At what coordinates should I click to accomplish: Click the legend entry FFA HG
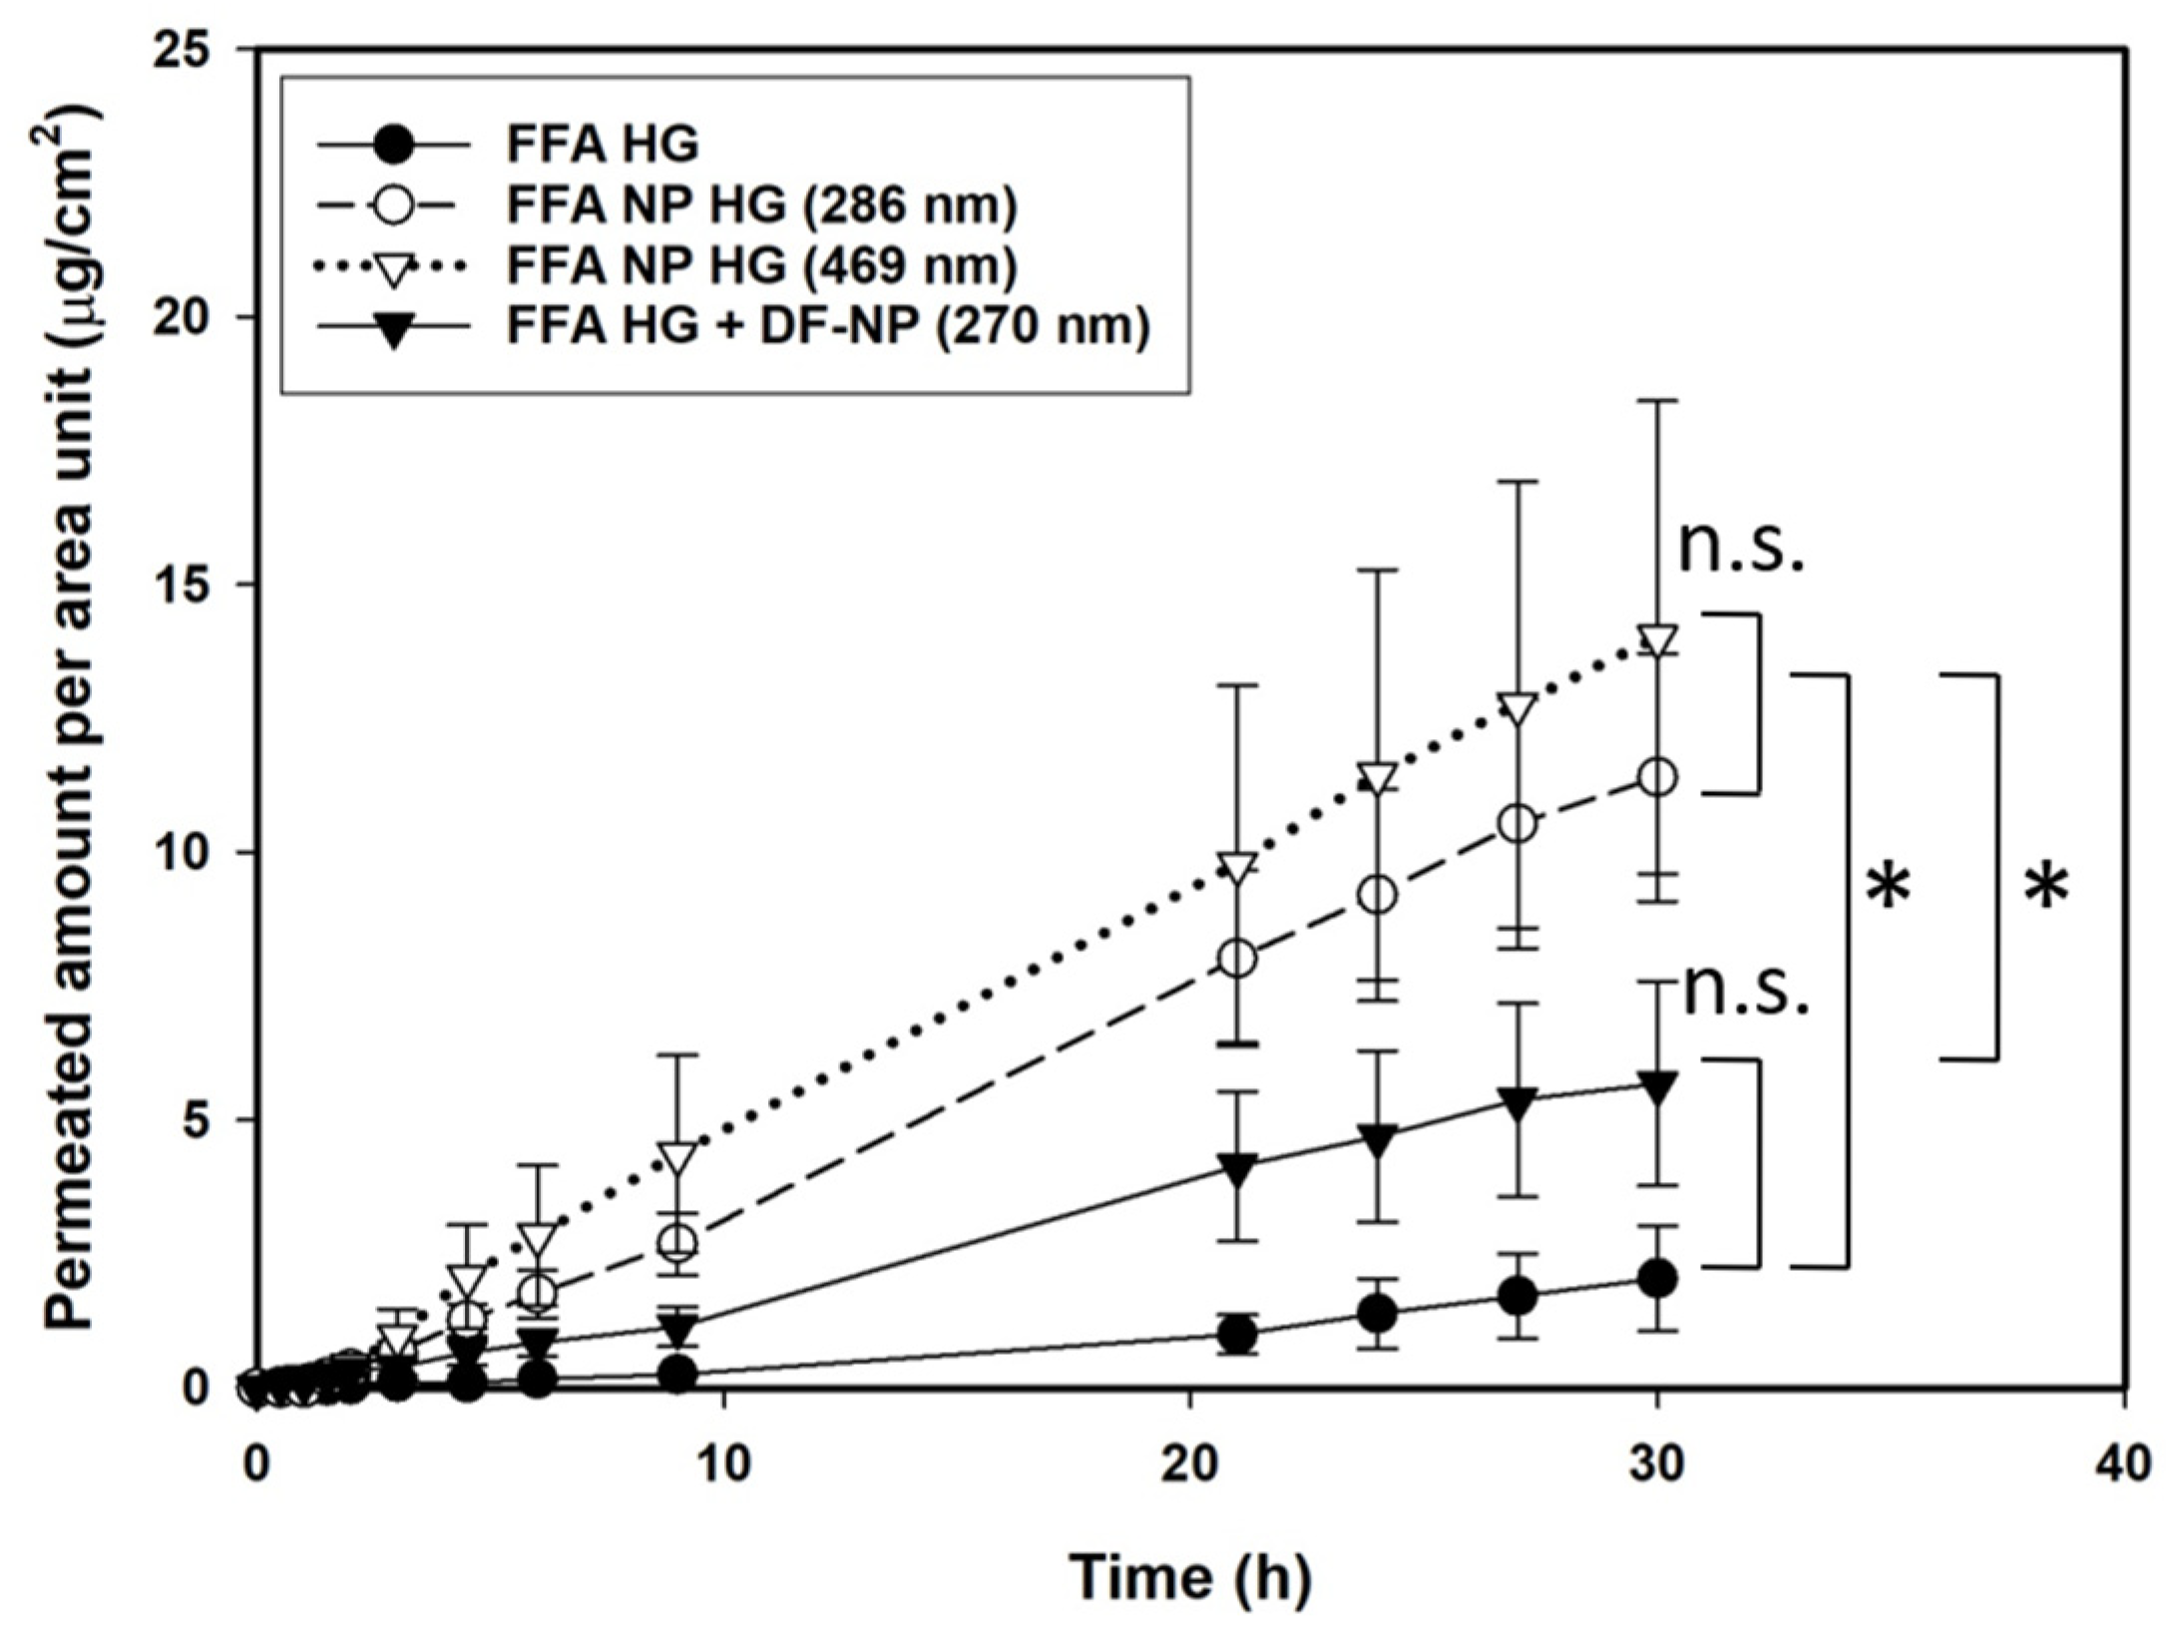[x=603, y=146]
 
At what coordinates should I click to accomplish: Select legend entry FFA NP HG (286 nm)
[x=762, y=206]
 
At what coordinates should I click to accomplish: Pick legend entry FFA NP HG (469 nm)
[x=762, y=266]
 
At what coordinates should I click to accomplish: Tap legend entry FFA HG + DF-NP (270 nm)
[x=828, y=327]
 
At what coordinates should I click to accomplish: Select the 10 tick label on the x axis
[x=723, y=1466]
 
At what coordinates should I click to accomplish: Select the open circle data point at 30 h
[x=1657, y=777]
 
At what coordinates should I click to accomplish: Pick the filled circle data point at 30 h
[x=1657, y=1278]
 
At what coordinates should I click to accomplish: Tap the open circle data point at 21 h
[x=1237, y=959]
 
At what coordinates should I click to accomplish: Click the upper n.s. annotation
[x=1741, y=548]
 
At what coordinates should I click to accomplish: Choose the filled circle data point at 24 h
[x=1377, y=1314]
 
